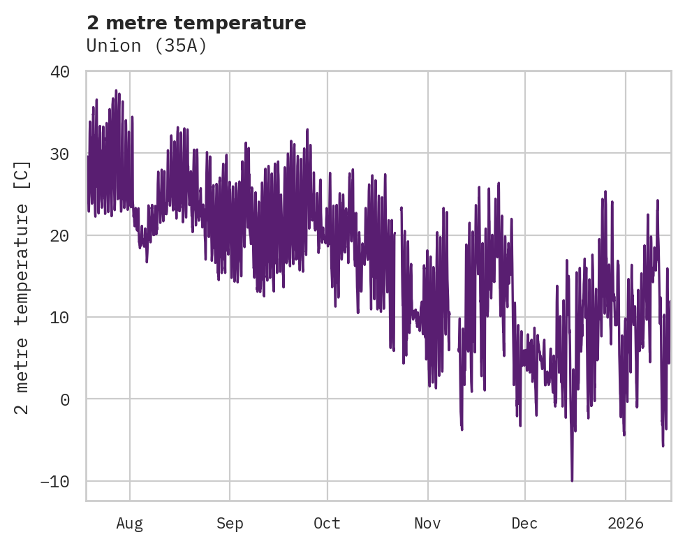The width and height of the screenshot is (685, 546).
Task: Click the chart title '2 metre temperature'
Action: point(196,23)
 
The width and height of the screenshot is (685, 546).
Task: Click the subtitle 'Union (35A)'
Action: point(147,45)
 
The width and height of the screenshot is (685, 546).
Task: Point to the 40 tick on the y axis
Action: point(60,72)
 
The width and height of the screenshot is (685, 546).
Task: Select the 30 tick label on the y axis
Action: point(60,154)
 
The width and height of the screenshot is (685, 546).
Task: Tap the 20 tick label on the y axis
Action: point(60,235)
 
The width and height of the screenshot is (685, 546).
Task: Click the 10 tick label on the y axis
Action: point(60,318)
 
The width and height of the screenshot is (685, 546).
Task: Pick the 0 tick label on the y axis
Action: point(66,399)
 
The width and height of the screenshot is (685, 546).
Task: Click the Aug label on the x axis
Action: point(129,524)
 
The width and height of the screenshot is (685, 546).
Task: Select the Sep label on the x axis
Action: point(229,524)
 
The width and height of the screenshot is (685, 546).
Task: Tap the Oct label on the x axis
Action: point(327,524)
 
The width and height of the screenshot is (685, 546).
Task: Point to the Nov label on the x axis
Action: point(427,524)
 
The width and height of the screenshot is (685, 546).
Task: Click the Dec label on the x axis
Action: point(524,524)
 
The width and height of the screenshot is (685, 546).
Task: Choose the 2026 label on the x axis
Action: point(626,524)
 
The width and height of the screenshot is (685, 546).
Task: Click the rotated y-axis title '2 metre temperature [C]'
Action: point(22,286)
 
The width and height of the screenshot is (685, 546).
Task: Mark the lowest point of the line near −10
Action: point(572,480)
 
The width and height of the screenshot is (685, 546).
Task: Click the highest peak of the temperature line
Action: point(116,91)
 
